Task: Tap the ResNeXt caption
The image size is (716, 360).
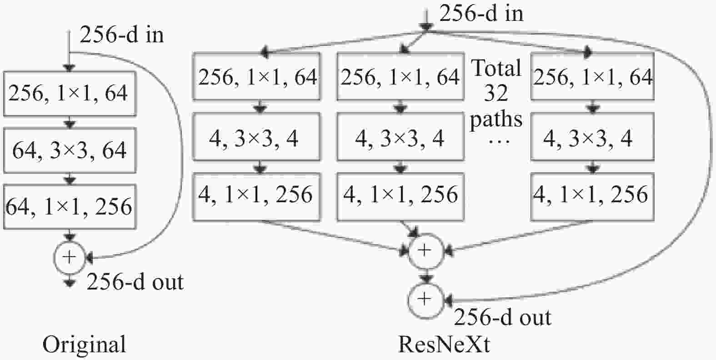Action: [x=444, y=345]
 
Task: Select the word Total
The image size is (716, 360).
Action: [x=496, y=68]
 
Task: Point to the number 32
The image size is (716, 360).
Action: [x=496, y=93]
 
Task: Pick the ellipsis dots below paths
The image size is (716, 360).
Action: [x=499, y=142]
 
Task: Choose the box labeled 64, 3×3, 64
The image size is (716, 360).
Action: [x=70, y=150]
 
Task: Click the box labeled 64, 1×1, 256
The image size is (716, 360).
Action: [x=70, y=206]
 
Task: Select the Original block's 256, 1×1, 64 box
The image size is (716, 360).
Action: [x=70, y=94]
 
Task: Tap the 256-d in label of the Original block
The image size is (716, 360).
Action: [x=122, y=35]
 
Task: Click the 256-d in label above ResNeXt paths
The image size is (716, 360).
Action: [x=481, y=14]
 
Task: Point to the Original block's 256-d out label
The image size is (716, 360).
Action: [x=135, y=282]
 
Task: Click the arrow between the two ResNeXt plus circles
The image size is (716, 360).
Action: [x=426, y=276]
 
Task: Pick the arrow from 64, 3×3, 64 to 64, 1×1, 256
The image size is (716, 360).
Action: [x=70, y=179]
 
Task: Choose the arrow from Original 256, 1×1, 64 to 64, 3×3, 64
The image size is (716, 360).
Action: [x=70, y=122]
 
